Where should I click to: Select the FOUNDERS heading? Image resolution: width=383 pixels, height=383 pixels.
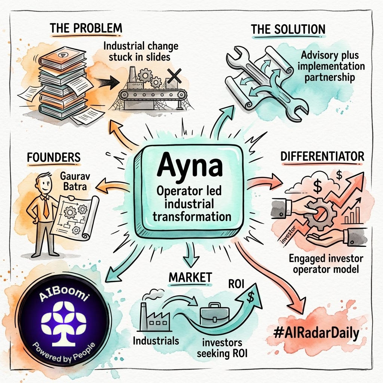click(x=53, y=157)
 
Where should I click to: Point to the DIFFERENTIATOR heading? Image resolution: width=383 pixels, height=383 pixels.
click(x=322, y=156)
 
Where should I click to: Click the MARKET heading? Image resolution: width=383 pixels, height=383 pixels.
click(x=190, y=277)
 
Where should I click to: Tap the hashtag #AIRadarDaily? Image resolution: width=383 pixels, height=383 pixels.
click(x=313, y=333)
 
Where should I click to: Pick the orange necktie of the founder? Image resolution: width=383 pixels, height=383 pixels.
click(x=46, y=208)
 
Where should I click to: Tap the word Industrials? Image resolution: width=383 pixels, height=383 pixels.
click(x=155, y=341)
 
